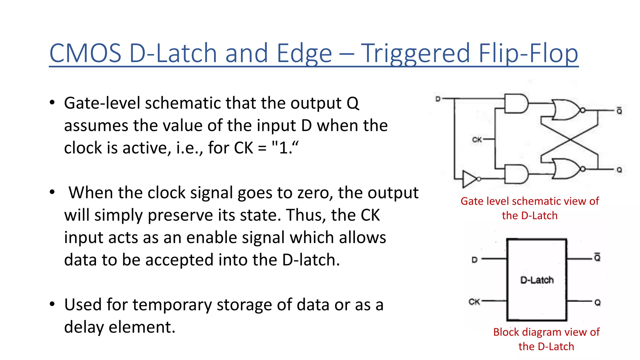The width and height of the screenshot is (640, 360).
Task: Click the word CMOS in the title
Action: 85,53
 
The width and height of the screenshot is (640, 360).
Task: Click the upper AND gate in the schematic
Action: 516,103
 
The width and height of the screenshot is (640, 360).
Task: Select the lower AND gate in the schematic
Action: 516,174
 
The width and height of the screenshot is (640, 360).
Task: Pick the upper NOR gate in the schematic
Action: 566,110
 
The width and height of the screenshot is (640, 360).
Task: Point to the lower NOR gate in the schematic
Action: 566,169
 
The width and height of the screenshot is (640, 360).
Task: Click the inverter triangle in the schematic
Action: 469,179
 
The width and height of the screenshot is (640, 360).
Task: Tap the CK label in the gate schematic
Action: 477,140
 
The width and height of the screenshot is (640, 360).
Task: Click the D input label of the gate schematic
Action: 438,99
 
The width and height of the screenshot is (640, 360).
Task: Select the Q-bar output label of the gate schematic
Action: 619,111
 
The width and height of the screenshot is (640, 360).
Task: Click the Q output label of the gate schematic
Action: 619,170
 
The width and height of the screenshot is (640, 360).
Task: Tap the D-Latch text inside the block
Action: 537,280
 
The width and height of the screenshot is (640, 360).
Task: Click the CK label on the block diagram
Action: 474,302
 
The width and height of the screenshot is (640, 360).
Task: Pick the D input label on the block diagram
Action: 474,260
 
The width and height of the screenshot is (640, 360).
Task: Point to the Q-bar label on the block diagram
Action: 597,257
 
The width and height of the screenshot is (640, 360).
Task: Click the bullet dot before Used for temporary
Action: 52,304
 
